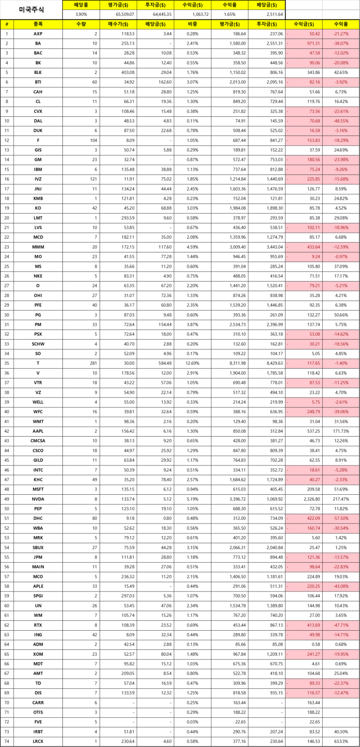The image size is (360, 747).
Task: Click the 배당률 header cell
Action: (81, 5)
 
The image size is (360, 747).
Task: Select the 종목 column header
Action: (38, 24)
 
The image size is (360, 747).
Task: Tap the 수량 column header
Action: (81, 24)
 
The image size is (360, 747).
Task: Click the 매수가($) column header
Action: (118, 24)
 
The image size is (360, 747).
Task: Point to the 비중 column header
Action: (192, 24)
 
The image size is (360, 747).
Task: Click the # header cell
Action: (7, 24)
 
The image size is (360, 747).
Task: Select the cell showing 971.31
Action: (304, 43)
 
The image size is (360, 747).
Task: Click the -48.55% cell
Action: (341, 121)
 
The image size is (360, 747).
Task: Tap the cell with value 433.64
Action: (304, 247)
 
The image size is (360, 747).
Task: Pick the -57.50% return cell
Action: (341, 518)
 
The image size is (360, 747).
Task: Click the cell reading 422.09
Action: (304, 518)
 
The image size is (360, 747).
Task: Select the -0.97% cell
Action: (341, 257)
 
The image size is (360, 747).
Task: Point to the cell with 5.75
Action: (304, 402)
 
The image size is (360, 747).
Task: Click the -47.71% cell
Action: (341, 625)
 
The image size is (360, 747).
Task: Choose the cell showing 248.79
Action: (304, 412)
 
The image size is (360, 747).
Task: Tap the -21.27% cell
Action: (341, 34)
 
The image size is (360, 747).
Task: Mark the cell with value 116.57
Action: (304, 693)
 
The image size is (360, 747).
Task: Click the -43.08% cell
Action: (341, 586)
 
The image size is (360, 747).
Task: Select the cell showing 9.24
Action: (304, 257)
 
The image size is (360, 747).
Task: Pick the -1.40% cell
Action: (341, 363)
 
